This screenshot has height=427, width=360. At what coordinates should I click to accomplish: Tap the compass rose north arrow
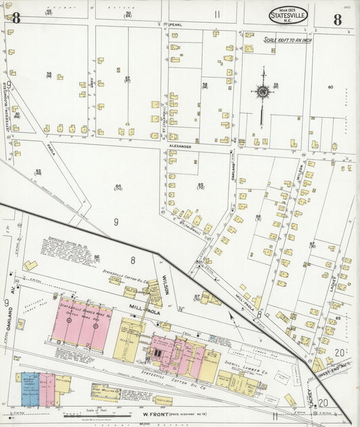(x=262, y=91)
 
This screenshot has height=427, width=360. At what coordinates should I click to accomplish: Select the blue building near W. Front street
(x=30, y=389)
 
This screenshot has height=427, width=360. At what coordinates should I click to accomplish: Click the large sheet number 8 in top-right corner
(x=336, y=19)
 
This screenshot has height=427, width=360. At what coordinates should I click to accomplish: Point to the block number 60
(x=330, y=87)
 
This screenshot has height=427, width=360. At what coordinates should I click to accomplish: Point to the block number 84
(x=118, y=186)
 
